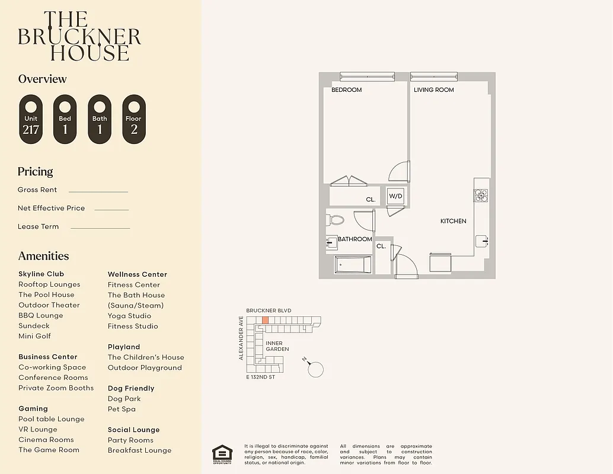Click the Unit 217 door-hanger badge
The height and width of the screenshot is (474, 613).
pos(31,119)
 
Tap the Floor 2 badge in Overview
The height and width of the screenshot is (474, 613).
pos(133,119)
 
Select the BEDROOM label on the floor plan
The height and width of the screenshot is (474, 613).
pos(346,90)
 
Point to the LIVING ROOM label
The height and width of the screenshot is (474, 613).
pos(433,90)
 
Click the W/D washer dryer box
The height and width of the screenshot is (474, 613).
pos(395,197)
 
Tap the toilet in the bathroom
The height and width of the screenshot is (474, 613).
pos(335,220)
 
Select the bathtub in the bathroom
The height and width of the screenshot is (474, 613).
pos(353,264)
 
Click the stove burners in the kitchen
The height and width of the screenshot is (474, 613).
pos(481,195)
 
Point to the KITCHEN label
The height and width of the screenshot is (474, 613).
pos(453,221)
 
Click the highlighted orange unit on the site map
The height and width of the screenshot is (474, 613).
pos(265,320)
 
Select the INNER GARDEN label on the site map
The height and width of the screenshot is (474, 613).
pos(277,346)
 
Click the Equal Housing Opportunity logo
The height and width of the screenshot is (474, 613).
pos(222,453)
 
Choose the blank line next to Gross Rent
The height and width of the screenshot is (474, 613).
pos(98,191)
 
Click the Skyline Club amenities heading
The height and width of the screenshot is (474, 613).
pos(41,274)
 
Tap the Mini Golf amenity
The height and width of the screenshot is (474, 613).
pos(34,336)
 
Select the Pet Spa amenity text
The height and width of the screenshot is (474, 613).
pos(122,409)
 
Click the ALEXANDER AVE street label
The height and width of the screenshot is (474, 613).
pos(241,338)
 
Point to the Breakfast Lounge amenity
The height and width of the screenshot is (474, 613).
pos(139,450)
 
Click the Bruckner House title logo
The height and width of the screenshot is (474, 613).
pos(79,37)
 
